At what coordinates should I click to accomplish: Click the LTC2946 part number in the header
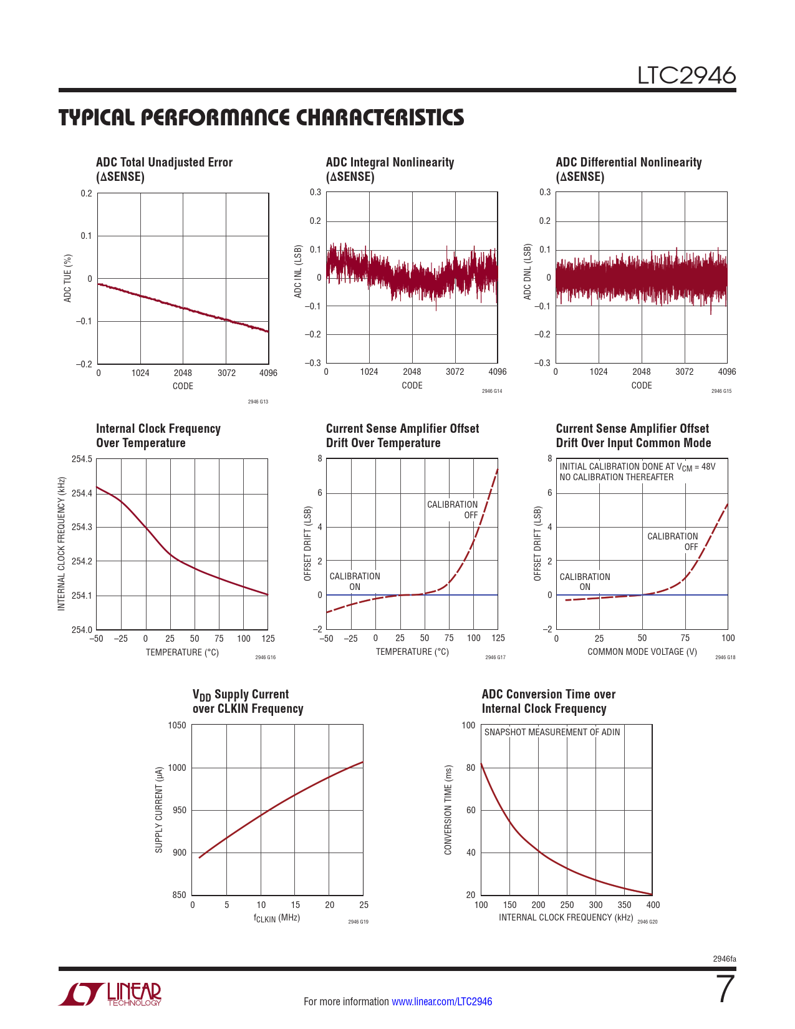(x=686, y=75)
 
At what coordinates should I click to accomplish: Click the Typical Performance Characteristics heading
(x=261, y=118)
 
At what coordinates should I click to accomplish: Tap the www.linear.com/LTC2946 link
(x=441, y=1002)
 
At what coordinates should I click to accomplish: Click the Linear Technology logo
(x=110, y=994)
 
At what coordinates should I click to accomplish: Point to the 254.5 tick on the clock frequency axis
(x=82, y=460)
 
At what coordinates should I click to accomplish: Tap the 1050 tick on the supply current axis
(x=177, y=725)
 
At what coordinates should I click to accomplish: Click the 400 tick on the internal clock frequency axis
(x=653, y=905)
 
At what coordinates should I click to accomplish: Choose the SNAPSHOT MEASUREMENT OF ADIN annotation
(x=552, y=732)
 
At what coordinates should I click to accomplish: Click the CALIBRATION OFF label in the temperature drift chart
(x=453, y=510)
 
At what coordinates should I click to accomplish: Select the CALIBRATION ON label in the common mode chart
(x=584, y=582)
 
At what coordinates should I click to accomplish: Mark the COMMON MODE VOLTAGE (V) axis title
(x=642, y=652)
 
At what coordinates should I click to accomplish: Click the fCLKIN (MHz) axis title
(x=277, y=918)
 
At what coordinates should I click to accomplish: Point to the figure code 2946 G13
(x=258, y=402)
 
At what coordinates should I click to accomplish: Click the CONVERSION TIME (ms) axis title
(x=448, y=809)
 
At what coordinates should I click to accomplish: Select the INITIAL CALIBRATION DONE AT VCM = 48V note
(x=637, y=466)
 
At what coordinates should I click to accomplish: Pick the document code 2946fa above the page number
(x=724, y=959)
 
